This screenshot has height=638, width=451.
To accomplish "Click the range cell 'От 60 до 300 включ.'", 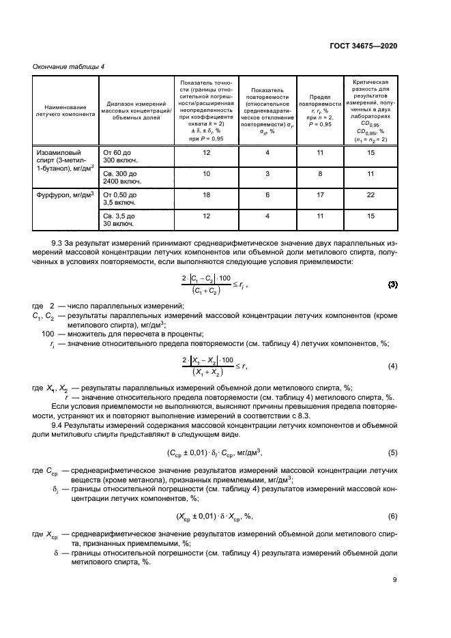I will pos(119,158).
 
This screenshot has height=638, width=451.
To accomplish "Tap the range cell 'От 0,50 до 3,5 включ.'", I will pos(119,199).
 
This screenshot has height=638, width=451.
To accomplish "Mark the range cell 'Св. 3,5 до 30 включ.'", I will pos(119,220).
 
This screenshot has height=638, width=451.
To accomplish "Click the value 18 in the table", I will pos(207,195).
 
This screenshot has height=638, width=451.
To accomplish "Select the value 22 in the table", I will pos(371,195).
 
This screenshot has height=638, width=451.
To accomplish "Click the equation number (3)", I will pos(392,264).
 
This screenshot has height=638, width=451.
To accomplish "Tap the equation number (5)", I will pos(392,452).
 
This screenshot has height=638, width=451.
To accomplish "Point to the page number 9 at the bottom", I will pos(394,581).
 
